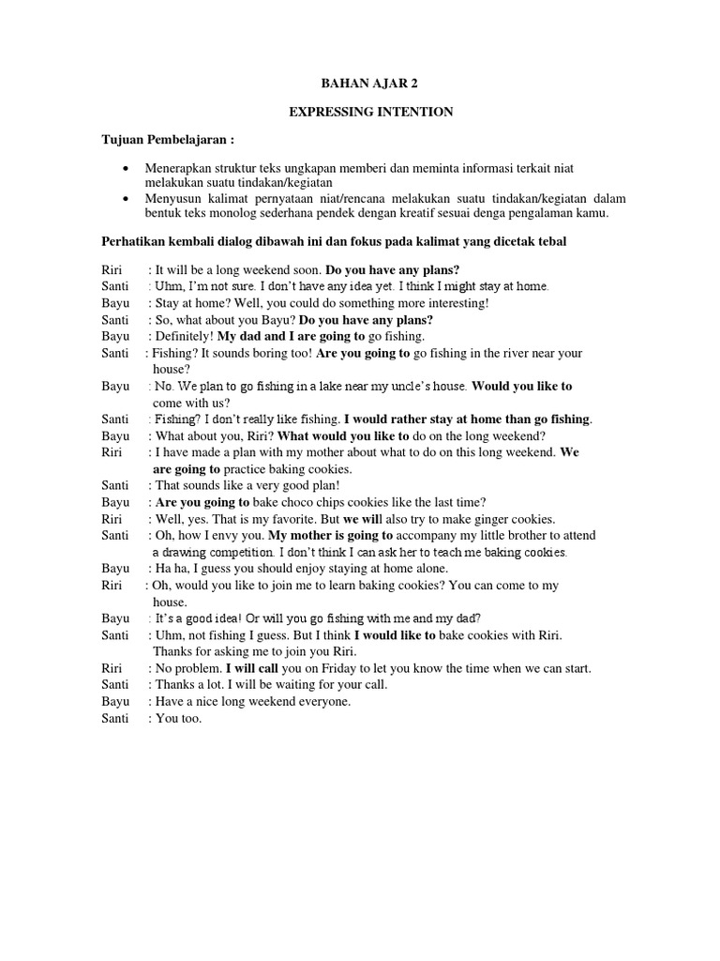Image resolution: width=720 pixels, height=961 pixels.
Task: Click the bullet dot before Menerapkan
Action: (127, 168)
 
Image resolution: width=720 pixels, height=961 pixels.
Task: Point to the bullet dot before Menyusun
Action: (127, 199)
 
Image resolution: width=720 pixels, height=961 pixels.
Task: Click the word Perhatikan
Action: (134, 242)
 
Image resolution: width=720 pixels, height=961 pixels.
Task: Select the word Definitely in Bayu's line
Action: (184, 336)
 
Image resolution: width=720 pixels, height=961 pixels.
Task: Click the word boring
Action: (273, 353)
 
